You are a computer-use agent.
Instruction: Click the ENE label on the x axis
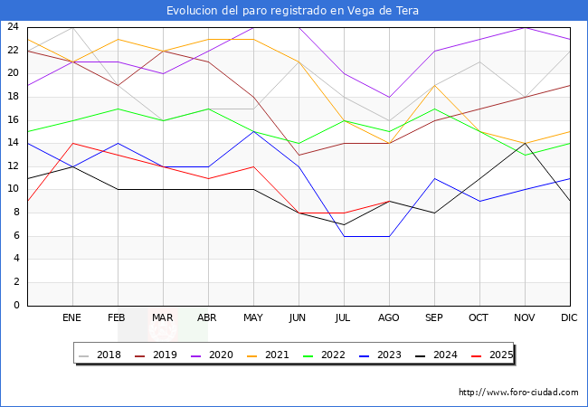[72, 318]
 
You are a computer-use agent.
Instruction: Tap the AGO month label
[389, 318]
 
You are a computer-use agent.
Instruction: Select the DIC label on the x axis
[570, 318]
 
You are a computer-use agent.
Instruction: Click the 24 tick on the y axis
[14, 27]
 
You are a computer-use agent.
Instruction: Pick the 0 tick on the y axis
[16, 306]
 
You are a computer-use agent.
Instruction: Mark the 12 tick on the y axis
[14, 166]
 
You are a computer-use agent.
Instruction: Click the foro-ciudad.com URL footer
[518, 393]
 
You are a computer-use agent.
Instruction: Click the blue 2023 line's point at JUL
[344, 236]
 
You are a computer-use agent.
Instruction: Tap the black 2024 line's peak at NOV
[525, 143]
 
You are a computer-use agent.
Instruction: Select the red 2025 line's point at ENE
[72, 143]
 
